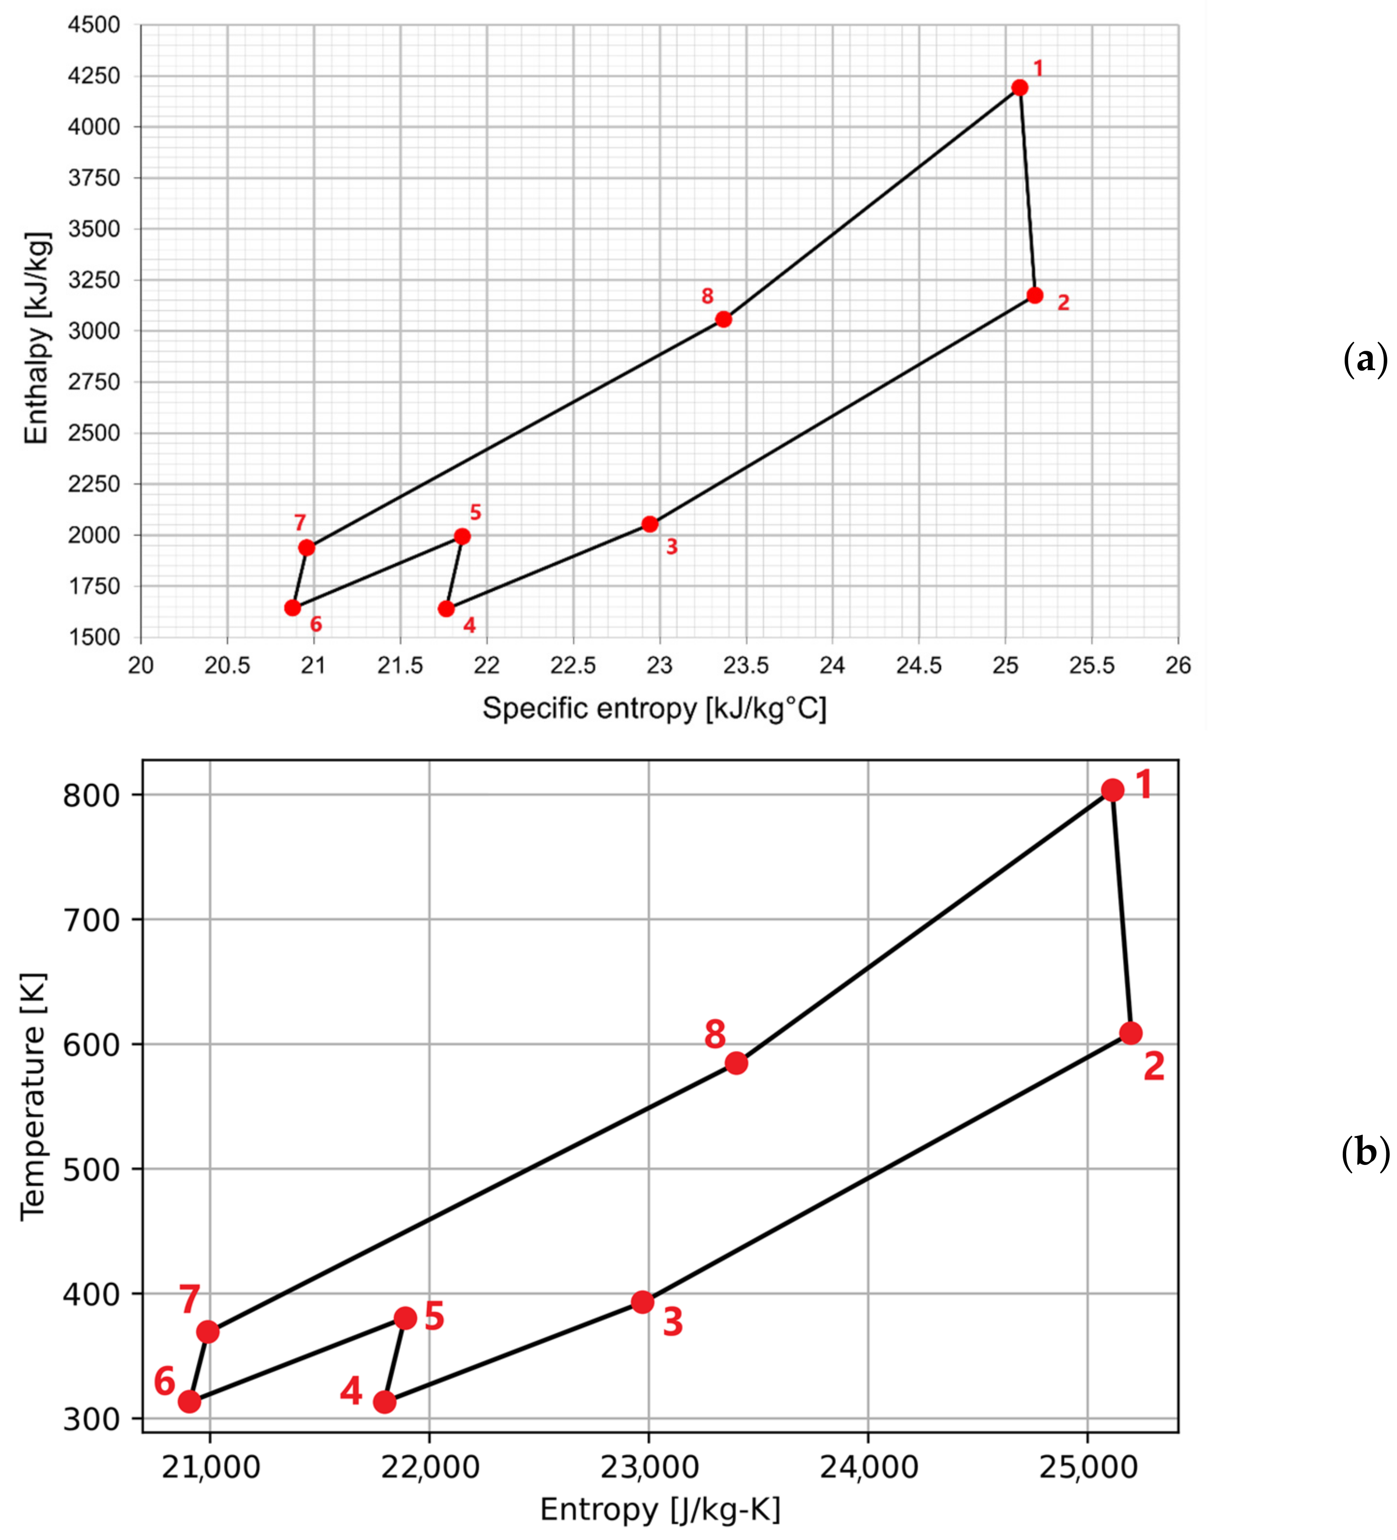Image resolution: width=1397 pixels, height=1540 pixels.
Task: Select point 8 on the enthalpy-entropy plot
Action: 723,319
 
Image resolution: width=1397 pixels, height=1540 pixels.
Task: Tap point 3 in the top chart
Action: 650,524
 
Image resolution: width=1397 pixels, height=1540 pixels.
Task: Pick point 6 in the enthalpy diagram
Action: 293,608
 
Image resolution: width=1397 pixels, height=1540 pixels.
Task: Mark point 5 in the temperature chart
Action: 405,1318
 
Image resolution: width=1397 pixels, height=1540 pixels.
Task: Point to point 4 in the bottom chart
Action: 384,1402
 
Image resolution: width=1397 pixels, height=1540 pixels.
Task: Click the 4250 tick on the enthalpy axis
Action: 95,76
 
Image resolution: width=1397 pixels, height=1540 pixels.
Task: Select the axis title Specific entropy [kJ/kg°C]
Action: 654,709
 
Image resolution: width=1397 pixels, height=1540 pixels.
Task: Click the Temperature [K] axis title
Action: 33,1097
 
